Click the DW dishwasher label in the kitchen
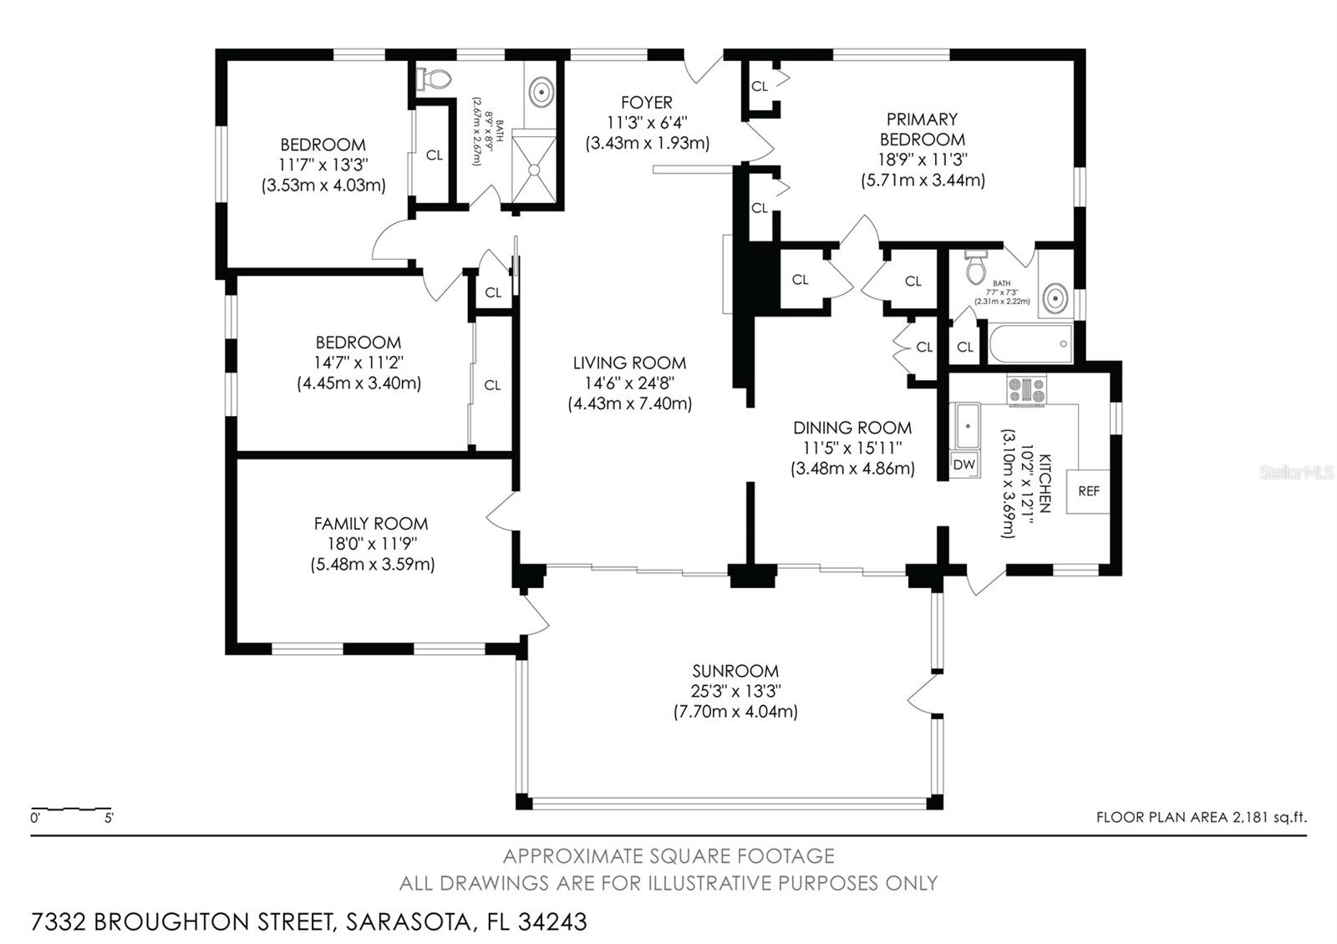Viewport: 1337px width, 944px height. click(964, 464)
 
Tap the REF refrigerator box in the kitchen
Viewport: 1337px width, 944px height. click(1088, 490)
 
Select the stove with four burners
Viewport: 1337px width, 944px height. click(1027, 390)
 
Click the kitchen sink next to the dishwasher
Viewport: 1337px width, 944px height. click(968, 427)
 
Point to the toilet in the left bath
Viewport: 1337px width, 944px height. click(435, 79)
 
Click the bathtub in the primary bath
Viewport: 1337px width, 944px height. click(1030, 343)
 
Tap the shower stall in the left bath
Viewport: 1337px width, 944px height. click(533, 168)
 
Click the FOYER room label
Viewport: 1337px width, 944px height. click(647, 102)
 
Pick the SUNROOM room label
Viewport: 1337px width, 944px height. click(735, 671)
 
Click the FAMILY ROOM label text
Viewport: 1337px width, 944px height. click(371, 524)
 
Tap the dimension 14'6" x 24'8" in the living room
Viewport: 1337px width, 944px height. click(630, 383)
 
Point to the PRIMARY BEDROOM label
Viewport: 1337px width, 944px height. click(922, 129)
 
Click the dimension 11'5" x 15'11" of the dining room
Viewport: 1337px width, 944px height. click(852, 449)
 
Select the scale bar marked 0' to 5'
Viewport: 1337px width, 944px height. click(72, 810)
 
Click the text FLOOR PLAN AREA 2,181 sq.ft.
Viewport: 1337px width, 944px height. click(1201, 818)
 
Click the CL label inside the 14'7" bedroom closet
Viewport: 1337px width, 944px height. click(492, 385)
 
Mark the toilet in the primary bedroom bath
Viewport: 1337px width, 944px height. click(975, 266)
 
